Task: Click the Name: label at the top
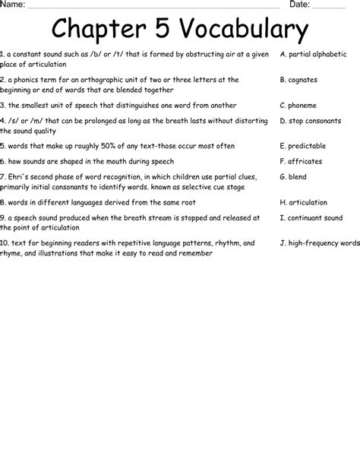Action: (13, 5)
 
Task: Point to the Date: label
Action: (299, 5)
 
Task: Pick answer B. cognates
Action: (298, 80)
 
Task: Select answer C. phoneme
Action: (298, 106)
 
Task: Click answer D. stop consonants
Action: (311, 120)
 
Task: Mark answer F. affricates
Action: (301, 161)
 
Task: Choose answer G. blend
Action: (293, 176)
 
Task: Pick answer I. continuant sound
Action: (311, 217)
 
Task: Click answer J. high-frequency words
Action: (319, 243)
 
